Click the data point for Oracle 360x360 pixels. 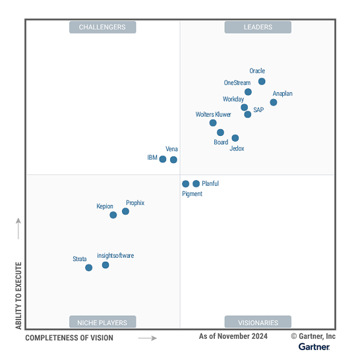coord(262,82)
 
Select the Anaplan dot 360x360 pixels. coord(274,102)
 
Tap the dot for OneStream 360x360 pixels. coord(248,92)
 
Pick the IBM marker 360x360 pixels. coord(163,159)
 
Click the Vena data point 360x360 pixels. coord(173,160)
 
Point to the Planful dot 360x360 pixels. coord(196,184)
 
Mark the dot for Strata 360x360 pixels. coord(89,268)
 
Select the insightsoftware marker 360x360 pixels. coord(105,265)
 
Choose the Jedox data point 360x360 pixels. coord(235,138)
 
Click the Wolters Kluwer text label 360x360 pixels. coord(214,115)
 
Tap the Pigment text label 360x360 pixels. coord(192,194)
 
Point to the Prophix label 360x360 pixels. coord(135,203)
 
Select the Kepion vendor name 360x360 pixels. coord(105,206)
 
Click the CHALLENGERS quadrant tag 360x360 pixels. coord(102,27)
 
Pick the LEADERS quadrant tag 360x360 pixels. coord(258,27)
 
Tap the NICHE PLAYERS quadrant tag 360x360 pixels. coord(102,322)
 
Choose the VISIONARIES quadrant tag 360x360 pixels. coord(258,322)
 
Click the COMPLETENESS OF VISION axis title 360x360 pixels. coord(69,338)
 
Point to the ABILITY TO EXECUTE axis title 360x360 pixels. coord(18,295)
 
